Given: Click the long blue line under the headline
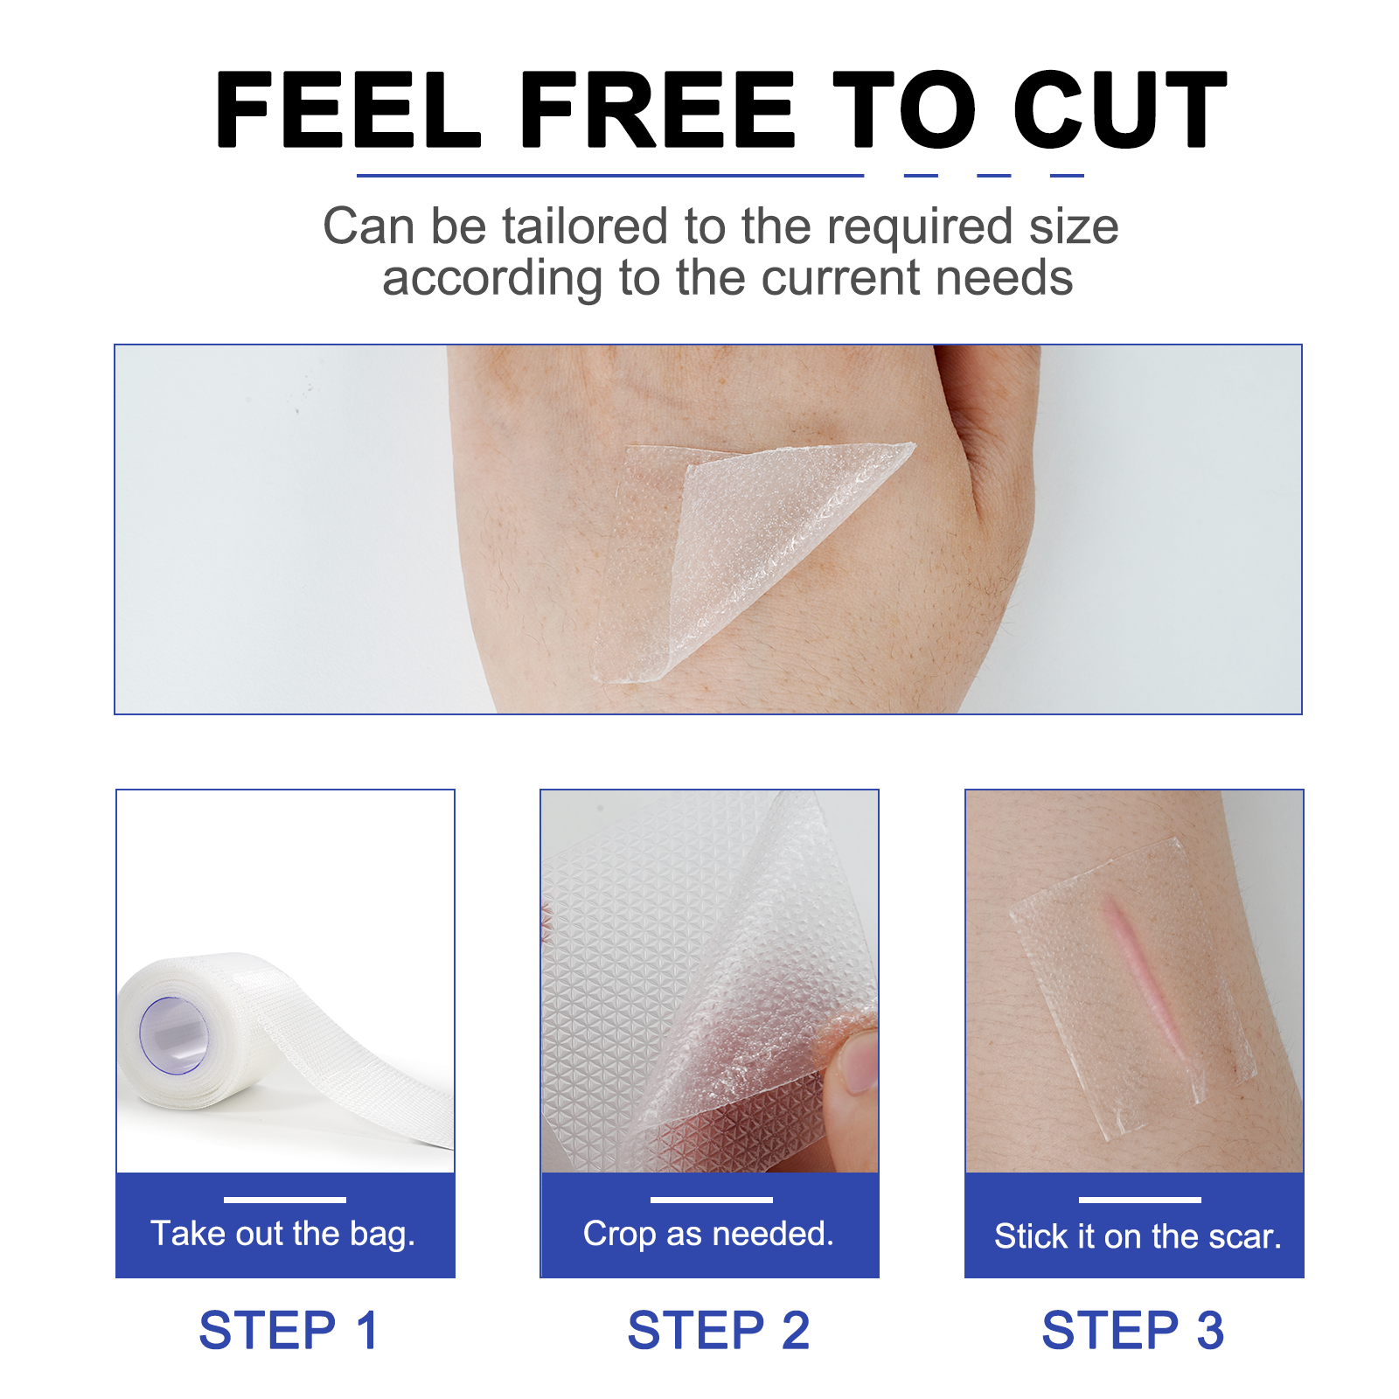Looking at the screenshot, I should (x=609, y=176).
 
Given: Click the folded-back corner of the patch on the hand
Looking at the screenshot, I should (x=787, y=525).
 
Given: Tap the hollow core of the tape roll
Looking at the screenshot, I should (x=173, y=1036).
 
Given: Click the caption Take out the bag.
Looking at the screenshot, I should (x=283, y=1234).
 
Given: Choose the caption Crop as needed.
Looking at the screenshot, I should (x=708, y=1234).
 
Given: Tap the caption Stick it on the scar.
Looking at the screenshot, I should (x=1137, y=1236).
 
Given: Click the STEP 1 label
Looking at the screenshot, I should (x=289, y=1331).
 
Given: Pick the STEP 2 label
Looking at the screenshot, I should (x=719, y=1331).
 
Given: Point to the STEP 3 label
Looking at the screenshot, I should (x=1132, y=1331).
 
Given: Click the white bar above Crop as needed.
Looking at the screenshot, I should (x=711, y=1200).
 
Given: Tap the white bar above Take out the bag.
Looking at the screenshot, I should (x=284, y=1200).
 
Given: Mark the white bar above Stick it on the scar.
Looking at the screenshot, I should (x=1139, y=1200).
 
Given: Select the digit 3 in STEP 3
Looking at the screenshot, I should (x=1210, y=1331).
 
